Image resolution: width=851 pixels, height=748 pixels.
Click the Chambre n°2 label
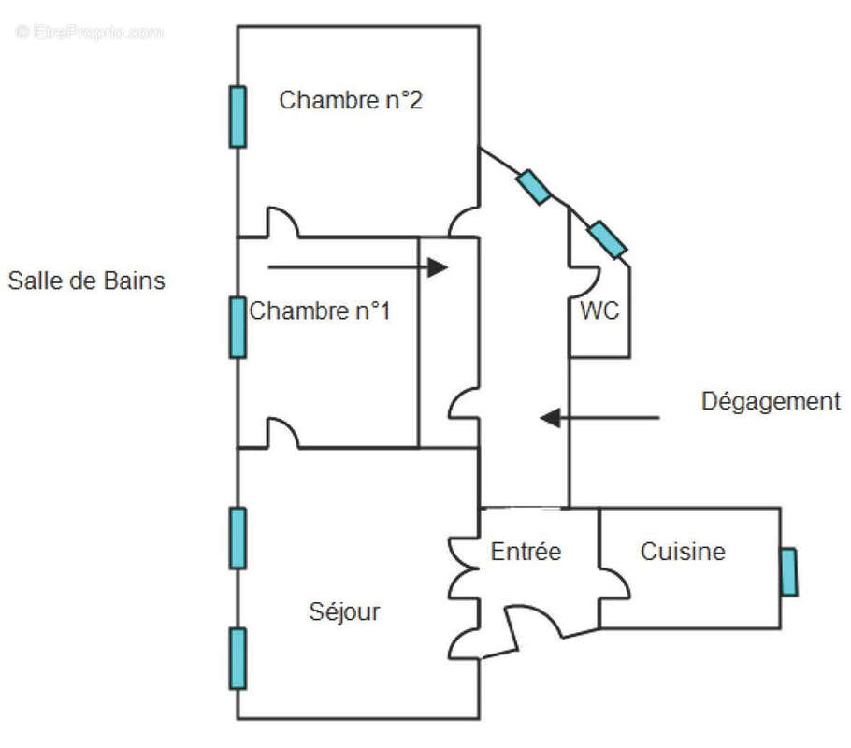(x=351, y=100)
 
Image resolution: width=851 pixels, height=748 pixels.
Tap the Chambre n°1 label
(x=320, y=310)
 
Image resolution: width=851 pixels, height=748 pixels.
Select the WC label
(x=599, y=311)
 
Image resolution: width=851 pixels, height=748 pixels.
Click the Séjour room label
(x=344, y=612)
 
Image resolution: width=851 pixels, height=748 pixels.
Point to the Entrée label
(x=526, y=552)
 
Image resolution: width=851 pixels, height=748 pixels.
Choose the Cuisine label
(x=683, y=552)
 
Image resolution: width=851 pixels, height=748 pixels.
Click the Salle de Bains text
(x=87, y=280)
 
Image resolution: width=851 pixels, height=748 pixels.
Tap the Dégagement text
(x=772, y=402)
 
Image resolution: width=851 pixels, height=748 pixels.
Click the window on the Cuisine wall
(x=789, y=572)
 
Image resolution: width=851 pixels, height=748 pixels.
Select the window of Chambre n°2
(x=238, y=117)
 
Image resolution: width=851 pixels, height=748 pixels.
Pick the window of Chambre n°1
(x=238, y=327)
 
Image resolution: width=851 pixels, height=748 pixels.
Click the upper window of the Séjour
(x=238, y=538)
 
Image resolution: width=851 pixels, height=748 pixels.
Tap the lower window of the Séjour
(x=238, y=658)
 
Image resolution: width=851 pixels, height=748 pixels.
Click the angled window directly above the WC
(x=607, y=239)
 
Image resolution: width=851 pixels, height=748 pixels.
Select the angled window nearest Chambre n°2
(x=534, y=187)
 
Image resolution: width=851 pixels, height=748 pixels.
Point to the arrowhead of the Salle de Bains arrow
(x=438, y=268)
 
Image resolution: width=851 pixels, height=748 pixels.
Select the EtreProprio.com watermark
(x=90, y=32)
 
